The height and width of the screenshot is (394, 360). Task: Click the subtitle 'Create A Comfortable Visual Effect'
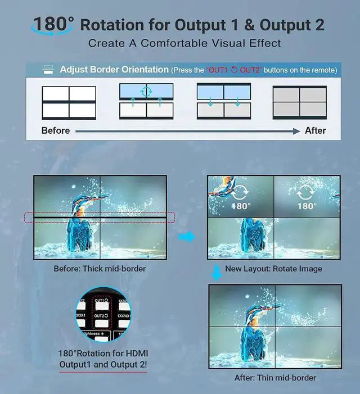tap(184, 43)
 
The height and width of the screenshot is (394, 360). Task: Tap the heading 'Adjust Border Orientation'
tap(114, 70)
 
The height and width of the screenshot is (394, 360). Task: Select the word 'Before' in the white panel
tap(56, 130)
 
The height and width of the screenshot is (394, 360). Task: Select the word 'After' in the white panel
tap(315, 130)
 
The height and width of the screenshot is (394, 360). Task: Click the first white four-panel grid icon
tap(69, 102)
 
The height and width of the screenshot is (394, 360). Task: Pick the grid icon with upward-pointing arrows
tap(146, 101)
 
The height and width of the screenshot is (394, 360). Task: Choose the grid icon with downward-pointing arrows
tap(223, 101)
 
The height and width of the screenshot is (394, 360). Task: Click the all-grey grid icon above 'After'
tap(299, 102)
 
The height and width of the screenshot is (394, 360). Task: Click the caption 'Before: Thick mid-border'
tap(100, 269)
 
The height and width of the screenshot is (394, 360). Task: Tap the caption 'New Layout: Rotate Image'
tap(273, 269)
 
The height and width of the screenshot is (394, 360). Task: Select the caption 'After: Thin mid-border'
tap(275, 378)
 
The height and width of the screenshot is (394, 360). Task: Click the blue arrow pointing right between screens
tap(187, 237)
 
